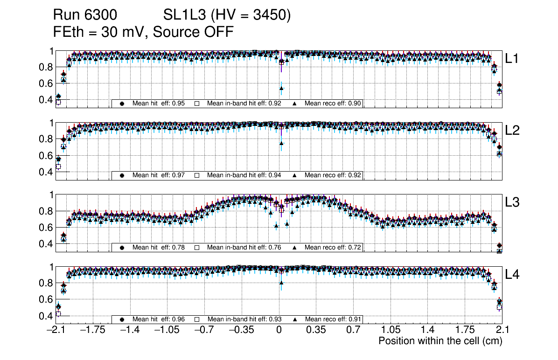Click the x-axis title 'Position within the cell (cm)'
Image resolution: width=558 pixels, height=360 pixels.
pyautogui.click(x=440, y=341)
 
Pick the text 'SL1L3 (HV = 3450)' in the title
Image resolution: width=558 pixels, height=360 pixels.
pyautogui.click(x=227, y=16)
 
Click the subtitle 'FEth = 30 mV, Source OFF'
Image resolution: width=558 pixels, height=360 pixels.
pyautogui.click(x=143, y=32)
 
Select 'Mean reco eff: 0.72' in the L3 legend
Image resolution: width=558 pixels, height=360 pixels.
pyautogui.click(x=333, y=247)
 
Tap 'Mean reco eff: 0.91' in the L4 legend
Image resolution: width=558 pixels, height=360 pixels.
pyautogui.click(x=333, y=319)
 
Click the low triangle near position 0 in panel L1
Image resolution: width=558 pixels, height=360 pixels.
pyautogui.click(x=281, y=88)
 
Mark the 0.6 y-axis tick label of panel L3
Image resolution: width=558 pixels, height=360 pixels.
pyautogui.click(x=45, y=228)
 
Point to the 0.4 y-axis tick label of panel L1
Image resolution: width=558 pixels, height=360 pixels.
pyautogui.click(x=45, y=100)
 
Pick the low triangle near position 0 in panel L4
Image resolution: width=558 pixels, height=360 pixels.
pyautogui.click(x=281, y=282)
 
